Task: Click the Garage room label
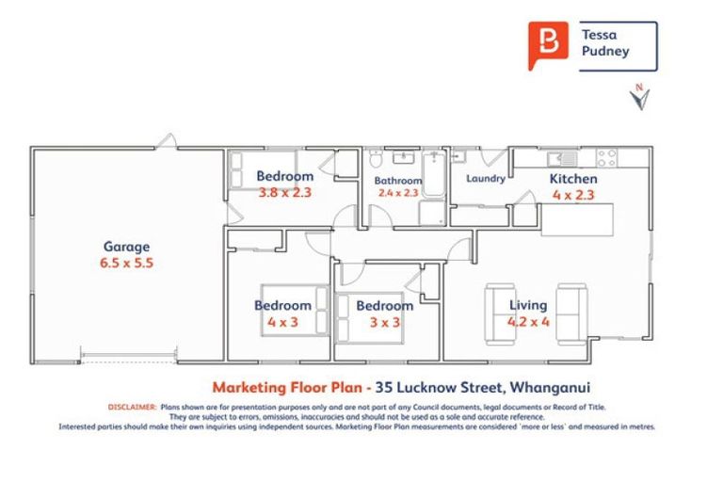point(126,248)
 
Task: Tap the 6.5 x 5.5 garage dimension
point(126,264)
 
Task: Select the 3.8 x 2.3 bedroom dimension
point(284,192)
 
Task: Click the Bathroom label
point(395,180)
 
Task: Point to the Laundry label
point(486,178)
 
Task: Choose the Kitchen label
point(573,179)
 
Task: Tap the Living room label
point(528,305)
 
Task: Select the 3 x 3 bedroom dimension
point(384,321)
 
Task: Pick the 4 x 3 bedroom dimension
point(282,321)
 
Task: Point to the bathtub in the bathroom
point(434,175)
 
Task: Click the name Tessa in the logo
point(600,34)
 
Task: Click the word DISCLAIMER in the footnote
point(133,407)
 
